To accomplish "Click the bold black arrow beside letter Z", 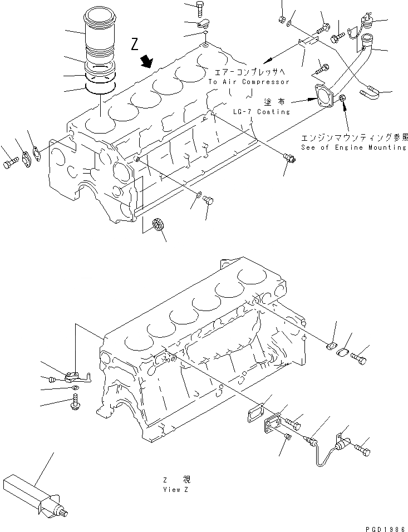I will [x=148, y=61].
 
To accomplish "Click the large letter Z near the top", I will [x=134, y=45].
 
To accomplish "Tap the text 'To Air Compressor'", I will [x=249, y=82].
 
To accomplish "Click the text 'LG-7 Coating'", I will [x=269, y=111].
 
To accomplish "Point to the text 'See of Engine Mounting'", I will [x=353, y=147].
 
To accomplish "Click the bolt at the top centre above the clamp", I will [x=200, y=9].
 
